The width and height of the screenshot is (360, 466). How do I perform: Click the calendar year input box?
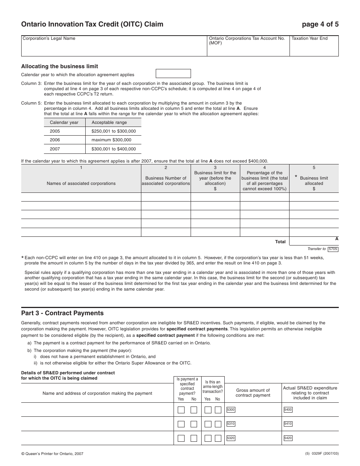point(173,73)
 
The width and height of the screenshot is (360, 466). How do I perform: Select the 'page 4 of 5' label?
point(320,25)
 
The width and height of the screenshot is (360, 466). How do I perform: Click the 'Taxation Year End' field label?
point(309,39)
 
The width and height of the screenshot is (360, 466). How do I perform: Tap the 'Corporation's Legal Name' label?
point(49,39)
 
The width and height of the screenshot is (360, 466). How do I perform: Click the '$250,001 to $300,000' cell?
point(113,131)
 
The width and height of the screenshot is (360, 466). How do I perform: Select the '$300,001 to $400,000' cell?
point(113,149)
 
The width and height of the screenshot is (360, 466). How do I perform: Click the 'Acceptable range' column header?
point(109,122)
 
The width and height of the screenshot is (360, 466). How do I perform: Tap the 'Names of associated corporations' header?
point(81,183)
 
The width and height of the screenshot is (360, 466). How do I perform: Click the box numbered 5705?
point(333,249)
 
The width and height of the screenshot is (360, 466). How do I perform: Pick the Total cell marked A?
point(314,241)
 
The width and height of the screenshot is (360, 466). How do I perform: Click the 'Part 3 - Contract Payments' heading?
point(62,313)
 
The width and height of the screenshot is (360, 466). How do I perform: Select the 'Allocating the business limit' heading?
point(59,66)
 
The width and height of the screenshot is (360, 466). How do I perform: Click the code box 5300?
point(231,410)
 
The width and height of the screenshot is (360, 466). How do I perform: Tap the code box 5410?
point(288,424)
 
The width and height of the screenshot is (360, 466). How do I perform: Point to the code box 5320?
point(231,438)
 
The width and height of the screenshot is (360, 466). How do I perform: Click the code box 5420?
point(288,438)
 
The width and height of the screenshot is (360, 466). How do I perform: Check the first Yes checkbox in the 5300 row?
point(181,410)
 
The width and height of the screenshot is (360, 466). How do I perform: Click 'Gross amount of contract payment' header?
point(253,393)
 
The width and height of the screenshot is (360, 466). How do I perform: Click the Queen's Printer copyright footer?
point(52,453)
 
